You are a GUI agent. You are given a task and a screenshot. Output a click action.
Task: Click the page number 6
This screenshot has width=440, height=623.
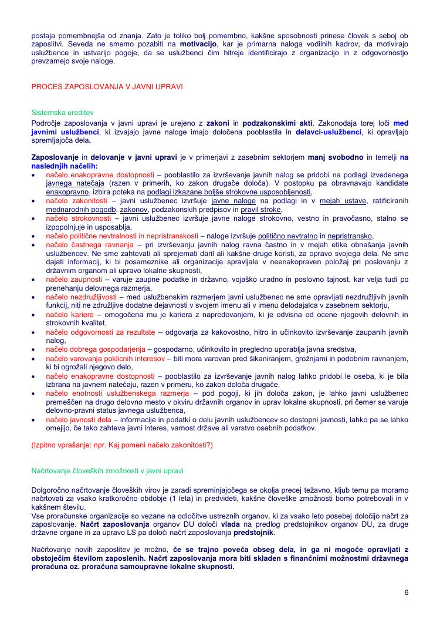(406, 592)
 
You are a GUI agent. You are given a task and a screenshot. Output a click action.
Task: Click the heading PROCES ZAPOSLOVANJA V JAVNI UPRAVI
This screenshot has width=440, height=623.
(107, 86)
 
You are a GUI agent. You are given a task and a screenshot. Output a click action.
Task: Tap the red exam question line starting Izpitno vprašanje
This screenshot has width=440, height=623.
(122, 445)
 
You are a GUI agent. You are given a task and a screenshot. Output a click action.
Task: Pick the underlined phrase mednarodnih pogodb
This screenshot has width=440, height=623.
(82, 210)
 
